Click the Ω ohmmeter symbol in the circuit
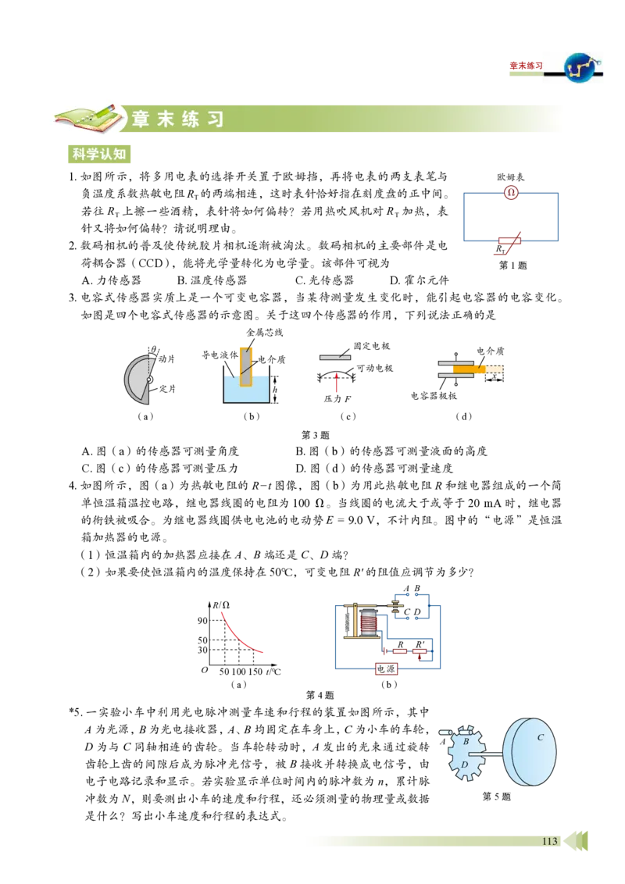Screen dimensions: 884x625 [511, 192]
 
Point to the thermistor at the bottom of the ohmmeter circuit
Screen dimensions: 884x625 [510, 244]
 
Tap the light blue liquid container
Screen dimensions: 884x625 [246, 390]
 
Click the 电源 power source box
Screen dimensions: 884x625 [387, 669]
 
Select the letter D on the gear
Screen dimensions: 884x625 [464, 765]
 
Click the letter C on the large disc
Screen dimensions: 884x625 [539, 737]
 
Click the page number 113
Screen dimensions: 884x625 [549, 841]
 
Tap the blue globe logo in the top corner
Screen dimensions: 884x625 [578, 70]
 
